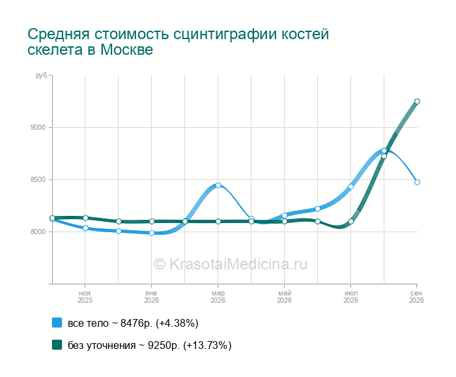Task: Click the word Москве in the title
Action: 126,50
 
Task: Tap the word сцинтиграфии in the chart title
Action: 225,35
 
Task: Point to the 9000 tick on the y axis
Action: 38,127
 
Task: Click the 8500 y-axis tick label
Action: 38,179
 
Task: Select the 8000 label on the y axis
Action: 38,232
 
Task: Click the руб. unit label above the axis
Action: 42,76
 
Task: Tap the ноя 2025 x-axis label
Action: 85,297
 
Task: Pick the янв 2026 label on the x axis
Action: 152,297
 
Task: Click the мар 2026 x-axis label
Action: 218,297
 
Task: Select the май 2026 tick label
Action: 284,297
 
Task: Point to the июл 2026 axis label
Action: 350,297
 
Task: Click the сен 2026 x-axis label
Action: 416,297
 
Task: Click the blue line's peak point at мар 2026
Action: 218,185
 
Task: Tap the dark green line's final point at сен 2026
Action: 417,101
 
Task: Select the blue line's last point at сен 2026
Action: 417,182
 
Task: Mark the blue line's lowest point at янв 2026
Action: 152,233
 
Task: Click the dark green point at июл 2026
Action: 350,222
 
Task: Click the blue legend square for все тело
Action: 57,323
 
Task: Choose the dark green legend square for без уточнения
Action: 57,344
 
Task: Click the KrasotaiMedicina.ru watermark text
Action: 231,264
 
